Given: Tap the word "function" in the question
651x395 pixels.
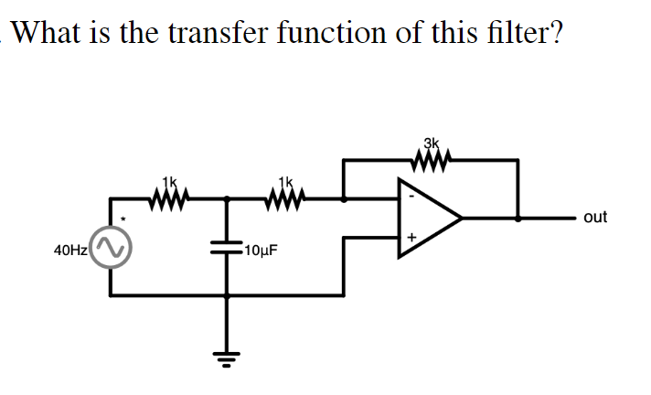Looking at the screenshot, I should pyautogui.click(x=335, y=34).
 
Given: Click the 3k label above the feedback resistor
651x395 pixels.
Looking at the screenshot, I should pyautogui.click(x=432, y=142).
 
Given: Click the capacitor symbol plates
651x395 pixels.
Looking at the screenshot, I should pyautogui.click(x=227, y=245).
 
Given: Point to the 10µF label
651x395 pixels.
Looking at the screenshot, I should pyautogui.click(x=261, y=247).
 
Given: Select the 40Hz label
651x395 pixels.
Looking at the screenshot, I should pyautogui.click(x=69, y=247).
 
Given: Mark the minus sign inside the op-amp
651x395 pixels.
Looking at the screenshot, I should pyautogui.click(x=411, y=196).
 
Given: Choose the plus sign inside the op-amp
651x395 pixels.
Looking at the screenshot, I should pyautogui.click(x=411, y=240).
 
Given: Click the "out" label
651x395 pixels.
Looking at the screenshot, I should pyautogui.click(x=594, y=218).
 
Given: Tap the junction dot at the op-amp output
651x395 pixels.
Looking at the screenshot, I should pyautogui.click(x=518, y=219).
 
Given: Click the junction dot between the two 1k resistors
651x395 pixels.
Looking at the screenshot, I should pyautogui.click(x=227, y=197).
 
